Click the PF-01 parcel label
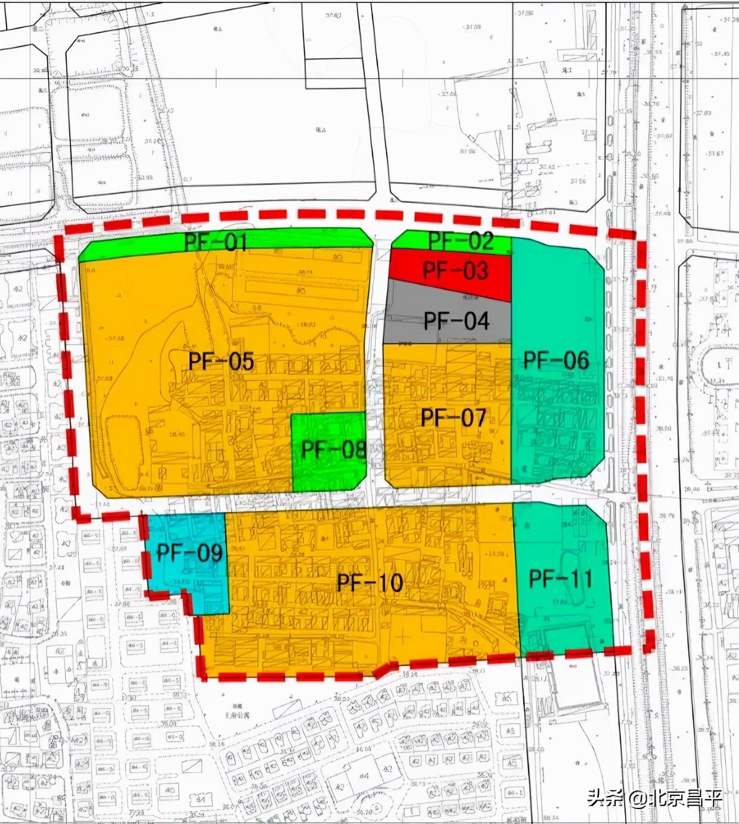click(215, 243)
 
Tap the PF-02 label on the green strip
click(461, 240)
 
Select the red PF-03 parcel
click(455, 271)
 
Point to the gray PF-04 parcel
click(457, 321)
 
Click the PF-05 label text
click(221, 361)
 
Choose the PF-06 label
click(556, 360)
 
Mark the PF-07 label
click(454, 417)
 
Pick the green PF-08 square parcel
click(332, 449)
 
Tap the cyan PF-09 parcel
click(189, 553)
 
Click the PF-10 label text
click(370, 583)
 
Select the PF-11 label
click(560, 578)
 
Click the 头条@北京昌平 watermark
click(654, 798)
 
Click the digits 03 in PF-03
click(474, 271)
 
